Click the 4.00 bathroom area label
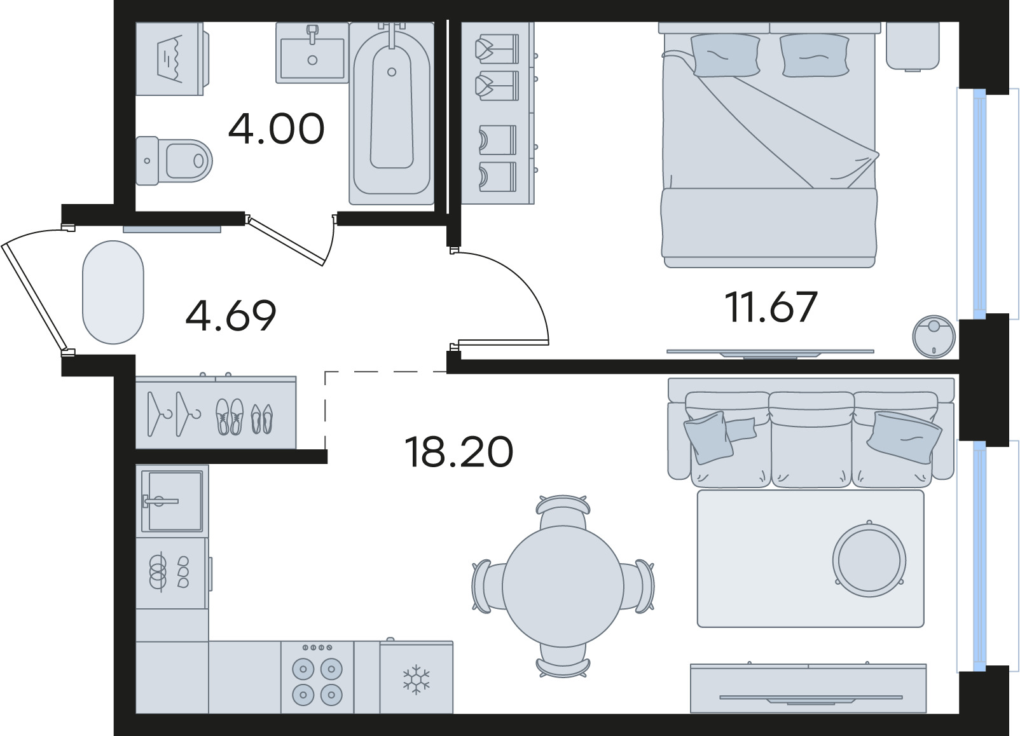click(277, 129)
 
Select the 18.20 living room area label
click(458, 451)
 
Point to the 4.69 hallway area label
click(231, 315)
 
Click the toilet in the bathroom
click(174, 161)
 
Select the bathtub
click(392, 113)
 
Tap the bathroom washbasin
click(312, 53)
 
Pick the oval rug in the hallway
click(113, 292)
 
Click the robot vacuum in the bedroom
click(934, 336)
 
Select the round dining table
click(563, 586)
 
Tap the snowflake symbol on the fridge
click(416, 679)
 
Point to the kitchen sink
click(172, 500)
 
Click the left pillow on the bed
click(725, 55)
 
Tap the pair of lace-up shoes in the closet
click(230, 416)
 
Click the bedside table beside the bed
click(913, 46)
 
